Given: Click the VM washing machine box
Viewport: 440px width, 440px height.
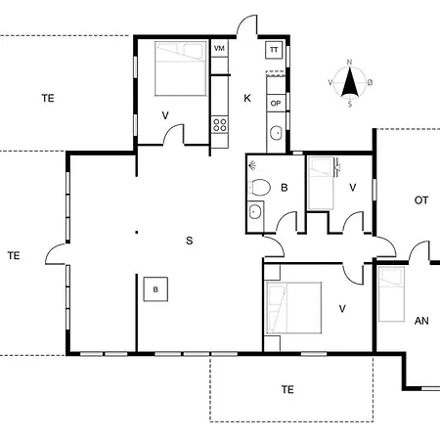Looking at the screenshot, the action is coord(219,48).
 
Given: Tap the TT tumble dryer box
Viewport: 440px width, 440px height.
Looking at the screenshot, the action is coord(274,50).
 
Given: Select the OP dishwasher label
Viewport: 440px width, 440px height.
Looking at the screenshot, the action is coord(276,104).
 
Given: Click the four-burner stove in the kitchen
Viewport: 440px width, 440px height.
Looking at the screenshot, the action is coord(219,125).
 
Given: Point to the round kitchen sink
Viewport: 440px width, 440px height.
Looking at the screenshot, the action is coord(276,133).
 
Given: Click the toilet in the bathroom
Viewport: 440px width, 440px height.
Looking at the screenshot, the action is coord(259,188).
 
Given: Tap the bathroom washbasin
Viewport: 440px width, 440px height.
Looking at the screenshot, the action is coord(255,212).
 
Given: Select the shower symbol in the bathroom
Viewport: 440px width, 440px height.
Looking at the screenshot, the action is coord(252,166).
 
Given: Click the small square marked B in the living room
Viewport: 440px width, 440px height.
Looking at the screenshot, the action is coord(155,289).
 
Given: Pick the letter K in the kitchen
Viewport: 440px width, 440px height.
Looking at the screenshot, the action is coord(247,98).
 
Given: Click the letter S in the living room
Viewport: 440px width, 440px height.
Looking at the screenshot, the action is coord(190,241).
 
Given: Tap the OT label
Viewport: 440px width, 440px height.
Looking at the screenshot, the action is coord(421,200).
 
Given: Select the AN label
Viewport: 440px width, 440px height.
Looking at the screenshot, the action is coord(421,321).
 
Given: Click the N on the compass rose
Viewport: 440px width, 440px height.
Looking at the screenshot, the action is coord(349,62).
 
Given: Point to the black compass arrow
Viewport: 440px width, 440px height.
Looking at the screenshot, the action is coord(349,82).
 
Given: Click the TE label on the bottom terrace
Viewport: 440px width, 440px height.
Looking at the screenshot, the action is coord(287,389).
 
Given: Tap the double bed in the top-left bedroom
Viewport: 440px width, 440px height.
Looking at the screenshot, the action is coord(181,68).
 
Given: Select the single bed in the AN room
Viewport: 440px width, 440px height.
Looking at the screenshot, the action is coord(391,294).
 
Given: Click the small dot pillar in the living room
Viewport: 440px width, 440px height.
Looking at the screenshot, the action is coord(137,233).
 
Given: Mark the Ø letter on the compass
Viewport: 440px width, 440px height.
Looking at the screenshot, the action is coord(370,83).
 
